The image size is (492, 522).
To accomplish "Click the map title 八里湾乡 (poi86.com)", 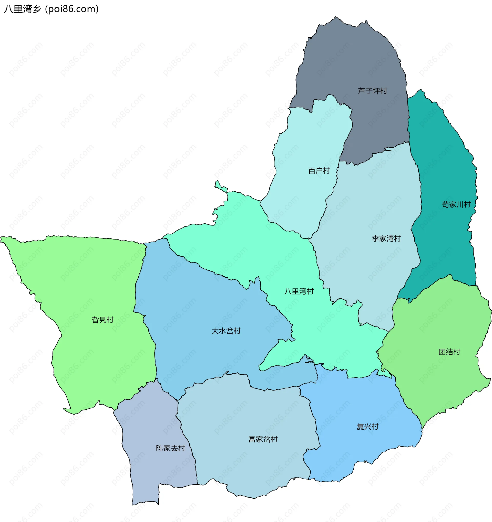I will (51, 9).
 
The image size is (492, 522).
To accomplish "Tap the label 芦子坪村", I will (372, 91).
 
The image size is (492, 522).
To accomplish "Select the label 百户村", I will (319, 171).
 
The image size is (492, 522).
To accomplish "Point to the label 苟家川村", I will (456, 204).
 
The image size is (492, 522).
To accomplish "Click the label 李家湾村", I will (386, 238).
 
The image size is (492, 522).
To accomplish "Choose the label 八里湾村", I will (299, 291).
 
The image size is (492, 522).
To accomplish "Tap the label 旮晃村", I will (102, 320).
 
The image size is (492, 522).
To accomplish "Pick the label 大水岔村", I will (226, 331).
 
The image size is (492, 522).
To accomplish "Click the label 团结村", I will (449, 352).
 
